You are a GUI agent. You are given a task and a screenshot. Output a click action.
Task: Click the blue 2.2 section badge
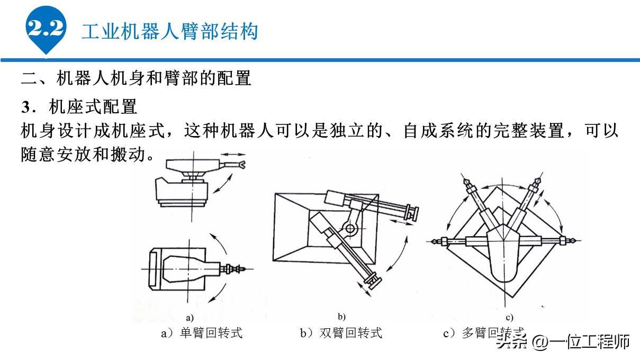point(46,29)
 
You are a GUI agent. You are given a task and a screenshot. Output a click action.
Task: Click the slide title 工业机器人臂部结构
point(169,31)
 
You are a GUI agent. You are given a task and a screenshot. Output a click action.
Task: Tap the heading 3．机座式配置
point(79,107)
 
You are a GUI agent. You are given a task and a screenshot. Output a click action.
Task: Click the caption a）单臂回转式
point(202,333)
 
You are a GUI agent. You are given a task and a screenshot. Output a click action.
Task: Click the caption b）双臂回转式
point(341,333)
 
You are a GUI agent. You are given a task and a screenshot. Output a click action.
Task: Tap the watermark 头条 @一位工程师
point(563,341)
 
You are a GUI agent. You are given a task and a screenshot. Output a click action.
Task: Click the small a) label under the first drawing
point(190,318)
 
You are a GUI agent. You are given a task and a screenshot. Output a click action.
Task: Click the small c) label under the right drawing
point(510,318)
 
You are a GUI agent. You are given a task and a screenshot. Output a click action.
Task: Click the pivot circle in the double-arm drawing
point(349,229)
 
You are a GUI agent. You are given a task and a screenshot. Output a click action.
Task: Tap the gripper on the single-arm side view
point(241,166)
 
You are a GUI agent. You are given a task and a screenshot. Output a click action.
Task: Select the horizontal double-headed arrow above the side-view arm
point(232,154)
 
